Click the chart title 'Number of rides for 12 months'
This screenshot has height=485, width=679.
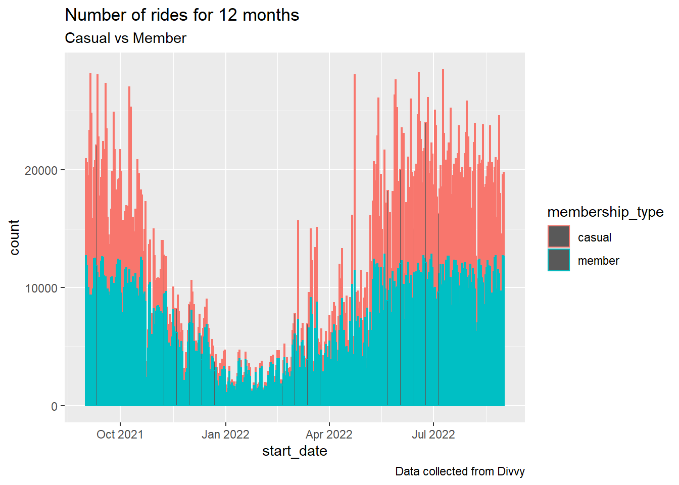click(x=182, y=15)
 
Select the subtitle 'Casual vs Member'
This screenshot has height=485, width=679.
click(x=125, y=38)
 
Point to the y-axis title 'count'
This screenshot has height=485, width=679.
click(x=14, y=237)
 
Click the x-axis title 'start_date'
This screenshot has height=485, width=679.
click(x=295, y=451)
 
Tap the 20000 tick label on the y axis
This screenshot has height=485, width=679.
click(x=41, y=171)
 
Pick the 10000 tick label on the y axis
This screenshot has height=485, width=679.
click(x=41, y=288)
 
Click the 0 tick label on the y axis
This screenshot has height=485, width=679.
click(x=54, y=406)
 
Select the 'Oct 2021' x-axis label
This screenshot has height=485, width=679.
click(x=120, y=434)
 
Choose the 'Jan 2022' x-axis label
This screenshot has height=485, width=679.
click(x=225, y=434)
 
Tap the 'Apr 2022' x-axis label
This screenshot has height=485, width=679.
click(x=329, y=434)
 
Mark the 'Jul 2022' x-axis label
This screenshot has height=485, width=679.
click(x=433, y=434)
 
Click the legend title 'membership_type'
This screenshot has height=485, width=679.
click(x=605, y=212)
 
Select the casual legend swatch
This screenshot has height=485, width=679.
click(x=559, y=236)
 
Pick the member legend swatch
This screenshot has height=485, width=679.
click(x=559, y=260)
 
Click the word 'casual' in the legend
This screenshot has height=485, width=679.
click(x=595, y=237)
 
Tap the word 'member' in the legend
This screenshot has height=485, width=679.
click(x=598, y=261)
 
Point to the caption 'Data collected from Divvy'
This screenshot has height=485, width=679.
click(x=460, y=471)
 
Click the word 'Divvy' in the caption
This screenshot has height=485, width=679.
click(x=511, y=472)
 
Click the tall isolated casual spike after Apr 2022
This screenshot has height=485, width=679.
click(x=355, y=172)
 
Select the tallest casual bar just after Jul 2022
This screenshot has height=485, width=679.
click(x=443, y=167)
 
